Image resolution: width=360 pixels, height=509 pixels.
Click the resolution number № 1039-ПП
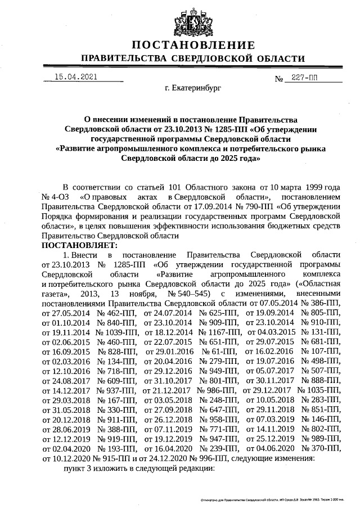coord(118,332)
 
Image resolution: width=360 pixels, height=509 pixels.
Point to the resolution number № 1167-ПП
coord(220,332)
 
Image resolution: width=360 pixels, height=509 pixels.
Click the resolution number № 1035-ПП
coord(319,390)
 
